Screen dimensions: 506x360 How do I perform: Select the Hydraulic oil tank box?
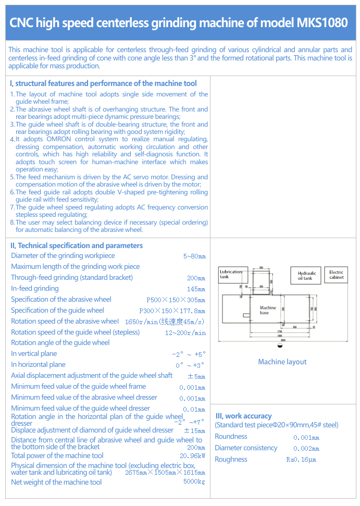[x=306, y=276]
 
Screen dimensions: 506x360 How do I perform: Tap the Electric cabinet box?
[x=337, y=275]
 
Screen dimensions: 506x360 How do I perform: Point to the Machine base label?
[x=268, y=310]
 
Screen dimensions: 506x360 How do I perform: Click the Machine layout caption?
[x=282, y=362]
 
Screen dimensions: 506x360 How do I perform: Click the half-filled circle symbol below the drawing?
[x=280, y=345]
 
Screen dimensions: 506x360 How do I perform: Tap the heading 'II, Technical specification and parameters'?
[x=77, y=245]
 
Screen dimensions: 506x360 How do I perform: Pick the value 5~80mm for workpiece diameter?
[x=194, y=256]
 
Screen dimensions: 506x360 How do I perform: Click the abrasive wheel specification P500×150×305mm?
[x=176, y=300]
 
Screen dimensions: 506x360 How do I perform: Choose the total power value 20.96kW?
[x=192, y=456]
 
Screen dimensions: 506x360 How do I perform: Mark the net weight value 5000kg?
[x=194, y=482]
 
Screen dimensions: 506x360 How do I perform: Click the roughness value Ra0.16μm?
[x=301, y=460]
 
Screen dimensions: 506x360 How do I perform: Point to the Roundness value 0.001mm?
[x=306, y=438]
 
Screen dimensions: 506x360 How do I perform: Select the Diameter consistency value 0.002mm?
[x=306, y=449]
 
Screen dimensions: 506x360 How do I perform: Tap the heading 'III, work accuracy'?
[x=243, y=416]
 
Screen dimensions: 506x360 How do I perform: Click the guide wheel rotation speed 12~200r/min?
[x=185, y=333]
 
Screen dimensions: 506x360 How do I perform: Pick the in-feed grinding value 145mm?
[x=196, y=289]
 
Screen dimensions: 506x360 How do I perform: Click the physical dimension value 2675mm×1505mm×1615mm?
[x=165, y=473]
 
